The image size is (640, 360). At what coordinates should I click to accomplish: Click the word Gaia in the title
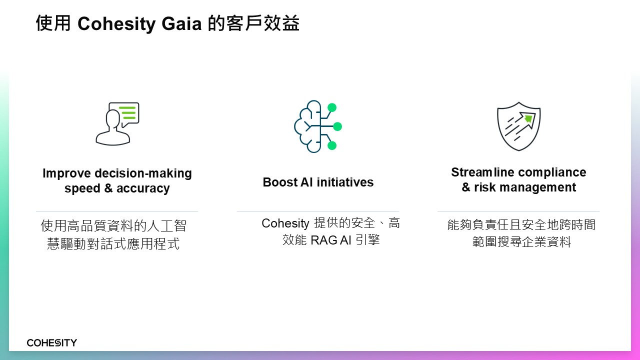click(x=181, y=23)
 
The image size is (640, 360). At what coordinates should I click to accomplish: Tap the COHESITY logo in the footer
click(x=51, y=342)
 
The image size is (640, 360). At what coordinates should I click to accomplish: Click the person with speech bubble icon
click(x=117, y=123)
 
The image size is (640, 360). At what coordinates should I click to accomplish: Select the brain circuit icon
click(x=318, y=126)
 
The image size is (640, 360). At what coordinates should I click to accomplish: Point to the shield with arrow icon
click(x=518, y=126)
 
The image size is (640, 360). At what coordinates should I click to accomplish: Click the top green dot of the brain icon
click(x=332, y=107)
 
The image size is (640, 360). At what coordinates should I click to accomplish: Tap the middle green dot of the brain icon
click(x=337, y=126)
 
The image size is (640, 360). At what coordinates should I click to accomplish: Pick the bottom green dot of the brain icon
click(x=331, y=145)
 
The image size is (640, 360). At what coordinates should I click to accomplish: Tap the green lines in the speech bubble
click(x=127, y=113)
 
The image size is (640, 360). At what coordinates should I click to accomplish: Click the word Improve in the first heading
click(x=66, y=173)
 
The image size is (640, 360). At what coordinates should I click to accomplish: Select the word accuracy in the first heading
click(x=143, y=188)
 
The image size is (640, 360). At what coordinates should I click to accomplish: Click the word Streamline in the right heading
click(x=482, y=172)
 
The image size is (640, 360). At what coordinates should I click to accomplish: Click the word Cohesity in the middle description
click(x=285, y=223)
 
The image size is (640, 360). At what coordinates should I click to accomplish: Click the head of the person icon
click(x=112, y=119)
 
